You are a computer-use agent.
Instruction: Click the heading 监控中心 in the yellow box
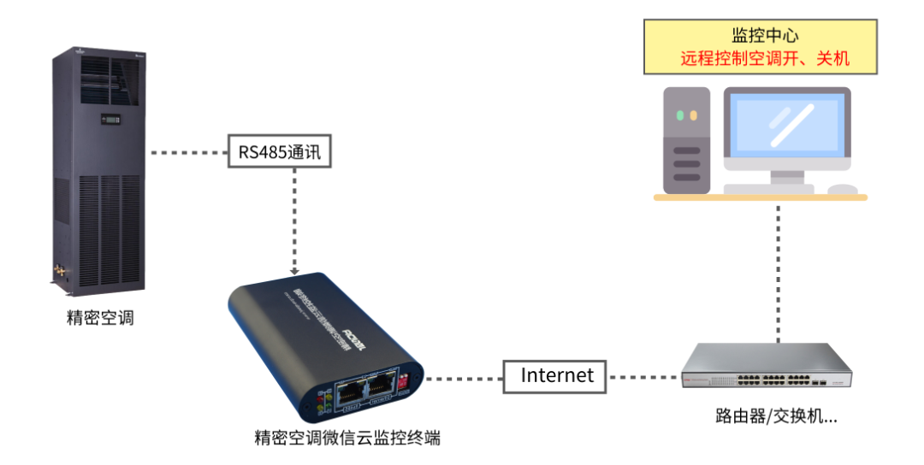point(765,35)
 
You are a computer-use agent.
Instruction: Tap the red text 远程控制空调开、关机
point(765,59)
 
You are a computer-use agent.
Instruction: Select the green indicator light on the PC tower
point(680,115)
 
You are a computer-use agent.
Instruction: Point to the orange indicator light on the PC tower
point(694,115)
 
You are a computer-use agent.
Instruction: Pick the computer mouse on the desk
point(843,189)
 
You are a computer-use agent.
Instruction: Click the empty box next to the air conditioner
point(280,151)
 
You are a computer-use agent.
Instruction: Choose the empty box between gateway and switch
point(554,377)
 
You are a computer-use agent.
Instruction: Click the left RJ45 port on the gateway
point(349,395)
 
